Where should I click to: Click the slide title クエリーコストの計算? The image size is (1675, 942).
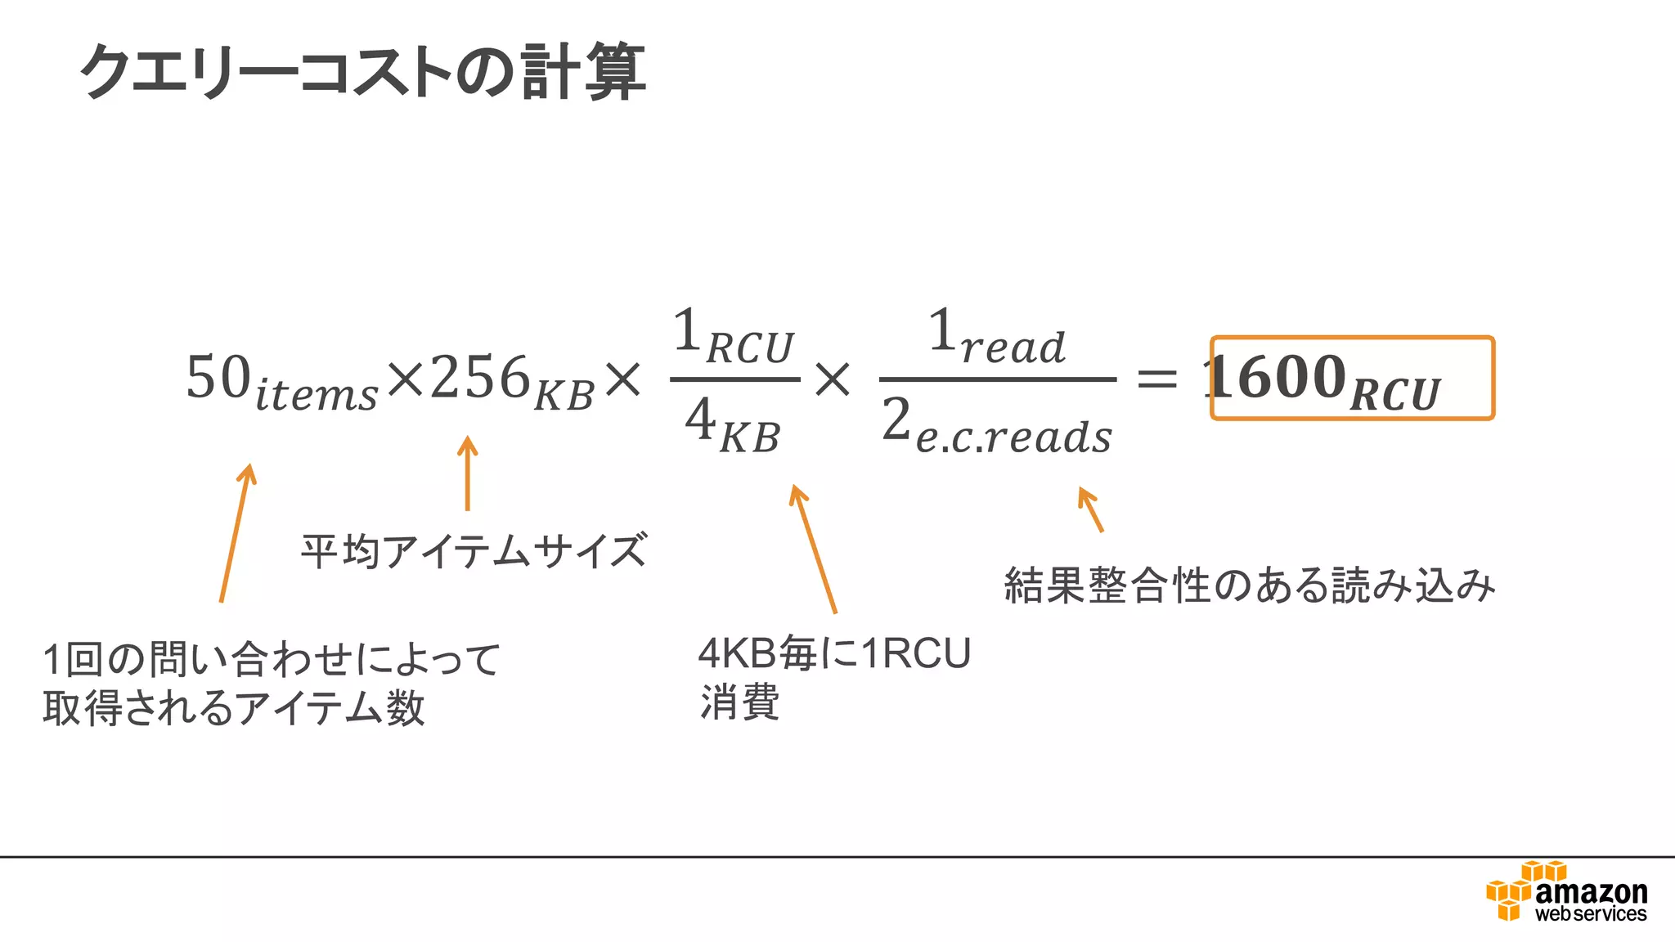(x=363, y=72)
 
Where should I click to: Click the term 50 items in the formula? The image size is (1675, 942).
(x=281, y=381)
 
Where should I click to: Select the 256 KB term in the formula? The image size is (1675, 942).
(x=511, y=381)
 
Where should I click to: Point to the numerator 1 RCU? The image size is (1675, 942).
(x=734, y=338)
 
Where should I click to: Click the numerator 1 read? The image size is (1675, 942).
(x=997, y=337)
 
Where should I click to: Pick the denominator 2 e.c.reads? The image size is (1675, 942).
(x=997, y=427)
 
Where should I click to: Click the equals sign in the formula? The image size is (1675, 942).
(x=1157, y=379)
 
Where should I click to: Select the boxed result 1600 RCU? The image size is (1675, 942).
(x=1352, y=379)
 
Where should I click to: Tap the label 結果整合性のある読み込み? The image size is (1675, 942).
(x=1250, y=585)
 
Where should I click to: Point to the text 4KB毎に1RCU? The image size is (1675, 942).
(x=834, y=653)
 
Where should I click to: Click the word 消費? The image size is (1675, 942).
(x=739, y=702)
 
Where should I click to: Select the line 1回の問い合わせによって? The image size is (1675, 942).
(x=272, y=659)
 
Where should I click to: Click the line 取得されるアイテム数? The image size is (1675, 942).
(x=234, y=708)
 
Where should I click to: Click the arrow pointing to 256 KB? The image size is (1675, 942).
(x=467, y=473)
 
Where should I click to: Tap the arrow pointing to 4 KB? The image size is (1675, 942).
(x=814, y=549)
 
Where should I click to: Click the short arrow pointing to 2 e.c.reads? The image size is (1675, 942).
(x=1091, y=509)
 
